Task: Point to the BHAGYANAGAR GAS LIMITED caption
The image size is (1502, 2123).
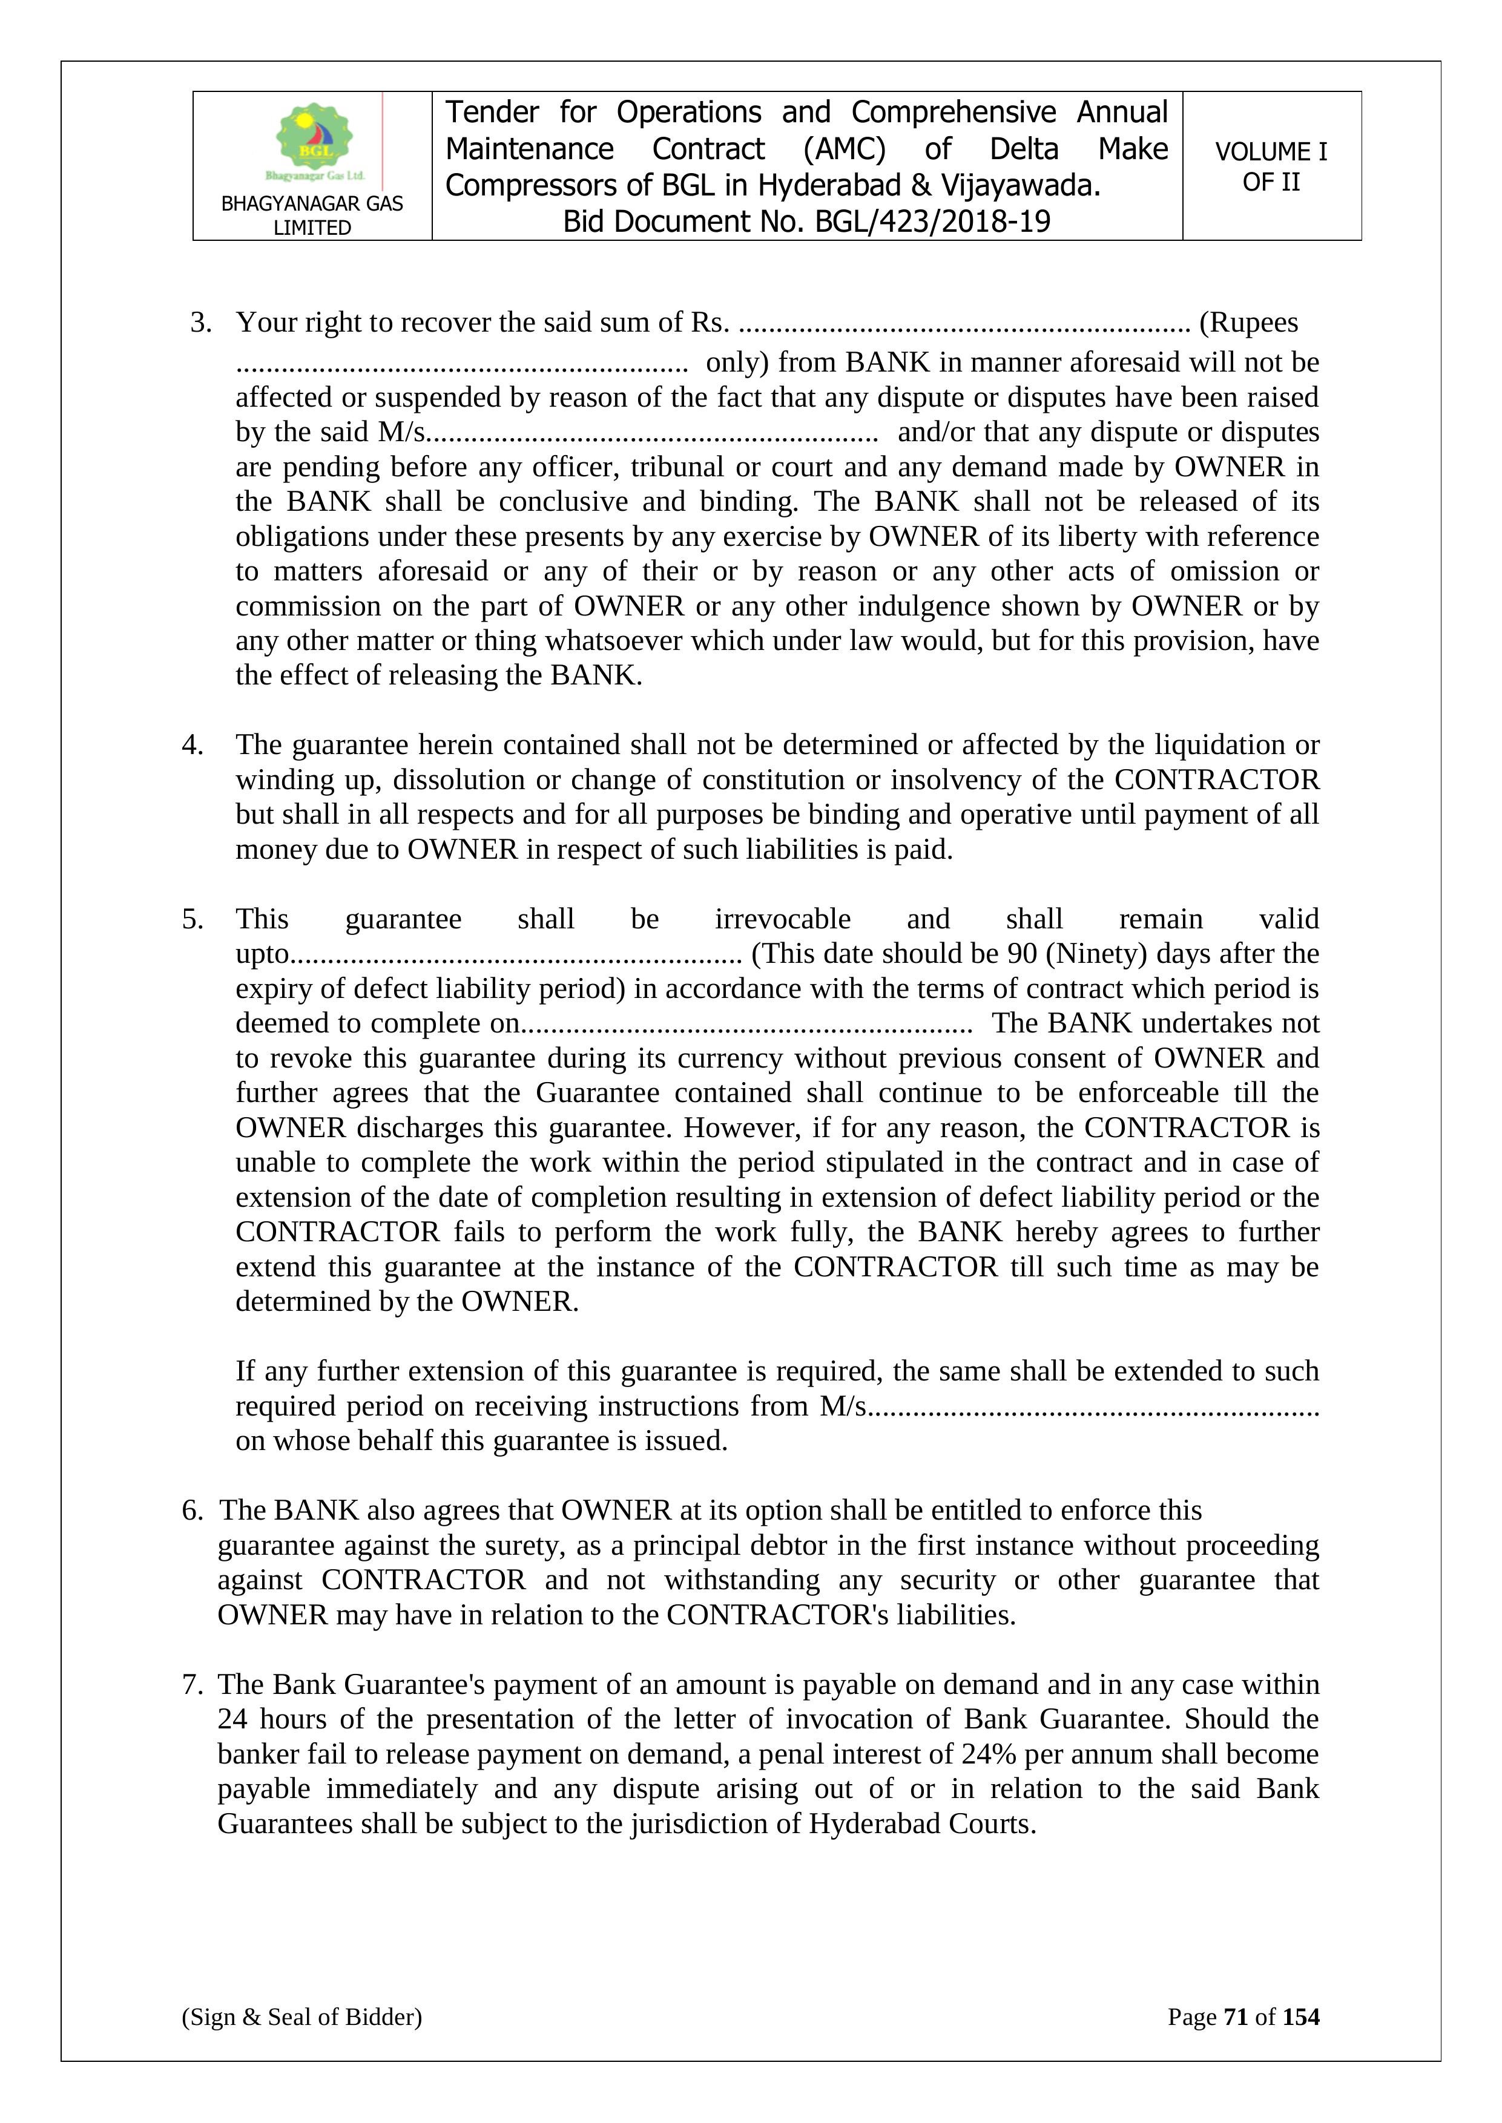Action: pyautogui.click(x=312, y=215)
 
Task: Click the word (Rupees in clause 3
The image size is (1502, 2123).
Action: pyautogui.click(x=1248, y=323)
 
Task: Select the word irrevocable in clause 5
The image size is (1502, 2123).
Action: pyautogui.click(x=782, y=919)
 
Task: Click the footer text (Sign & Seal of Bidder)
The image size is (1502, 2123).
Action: pyautogui.click(x=301, y=2016)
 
